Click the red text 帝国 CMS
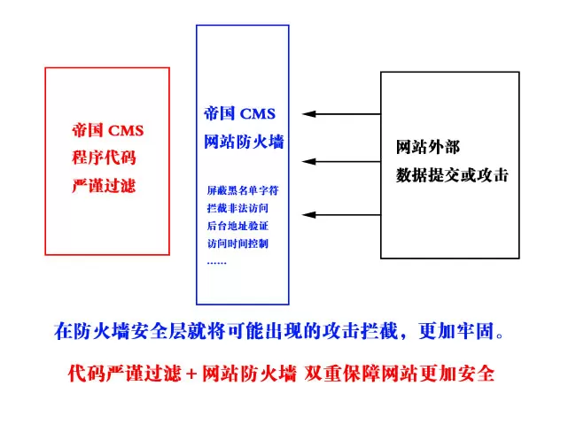(x=107, y=130)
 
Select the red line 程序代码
(x=104, y=158)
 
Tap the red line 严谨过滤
(x=104, y=185)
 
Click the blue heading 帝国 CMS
(x=239, y=113)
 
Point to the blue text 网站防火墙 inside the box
(x=244, y=142)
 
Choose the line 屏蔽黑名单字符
(x=243, y=190)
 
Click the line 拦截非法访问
(x=237, y=208)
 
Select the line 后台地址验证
(x=237, y=226)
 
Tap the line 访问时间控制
(x=237, y=243)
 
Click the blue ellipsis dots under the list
(x=217, y=263)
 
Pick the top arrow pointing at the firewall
(x=341, y=114)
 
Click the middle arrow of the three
(x=341, y=161)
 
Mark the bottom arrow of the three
(x=341, y=215)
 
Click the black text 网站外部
(x=428, y=147)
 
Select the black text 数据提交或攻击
(x=452, y=175)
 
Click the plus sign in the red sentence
(x=191, y=374)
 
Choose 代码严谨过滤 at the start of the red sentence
(x=125, y=374)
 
